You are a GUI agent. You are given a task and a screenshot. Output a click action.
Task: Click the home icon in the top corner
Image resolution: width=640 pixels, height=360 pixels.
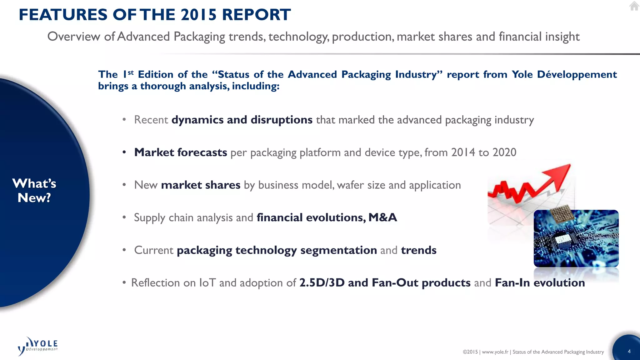coord(634,6)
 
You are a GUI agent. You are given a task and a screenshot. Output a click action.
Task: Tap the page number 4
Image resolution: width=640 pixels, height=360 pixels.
coord(629,351)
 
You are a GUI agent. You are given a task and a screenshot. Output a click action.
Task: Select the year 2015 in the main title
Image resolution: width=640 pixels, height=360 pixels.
coord(198,15)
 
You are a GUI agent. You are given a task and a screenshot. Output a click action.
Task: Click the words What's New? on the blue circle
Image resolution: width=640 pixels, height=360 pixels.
coord(34,191)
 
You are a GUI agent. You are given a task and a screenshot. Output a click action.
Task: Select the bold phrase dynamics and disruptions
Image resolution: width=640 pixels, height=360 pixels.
coord(242,120)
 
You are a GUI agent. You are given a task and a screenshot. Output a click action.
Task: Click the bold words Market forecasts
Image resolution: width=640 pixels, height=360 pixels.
coord(180,152)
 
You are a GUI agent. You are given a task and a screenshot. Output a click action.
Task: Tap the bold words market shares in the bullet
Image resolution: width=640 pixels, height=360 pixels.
coord(201,185)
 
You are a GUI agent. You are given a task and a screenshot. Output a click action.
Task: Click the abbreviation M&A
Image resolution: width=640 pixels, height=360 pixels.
coord(382,217)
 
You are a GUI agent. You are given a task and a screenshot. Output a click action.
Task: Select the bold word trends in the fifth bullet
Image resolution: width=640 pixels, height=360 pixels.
coord(418,250)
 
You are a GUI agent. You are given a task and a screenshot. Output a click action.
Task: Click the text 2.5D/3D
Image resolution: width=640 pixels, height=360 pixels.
coord(322,282)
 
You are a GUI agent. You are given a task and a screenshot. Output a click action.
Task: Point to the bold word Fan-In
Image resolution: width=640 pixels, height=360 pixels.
coord(512,282)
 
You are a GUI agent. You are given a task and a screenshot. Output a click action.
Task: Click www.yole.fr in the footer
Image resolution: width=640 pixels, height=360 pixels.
coord(495,352)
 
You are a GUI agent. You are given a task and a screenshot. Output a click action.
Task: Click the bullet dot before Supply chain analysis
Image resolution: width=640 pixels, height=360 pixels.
coord(124,217)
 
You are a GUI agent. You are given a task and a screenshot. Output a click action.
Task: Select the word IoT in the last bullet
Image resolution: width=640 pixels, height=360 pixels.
coord(207,282)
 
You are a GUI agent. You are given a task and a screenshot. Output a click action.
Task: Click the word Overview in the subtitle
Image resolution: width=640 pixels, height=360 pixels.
coord(74,37)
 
